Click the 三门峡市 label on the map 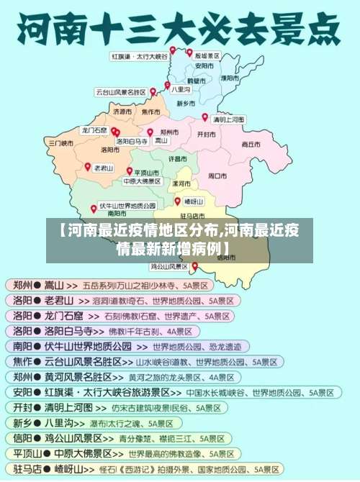pyautogui.click(x=61, y=143)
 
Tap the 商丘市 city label pyautogui.click(x=251, y=144)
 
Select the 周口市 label pyautogui.click(x=217, y=175)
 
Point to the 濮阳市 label pyautogui.click(x=231, y=77)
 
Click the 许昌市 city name pyautogui.click(x=178, y=158)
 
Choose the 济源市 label pyautogui.click(x=122, y=112)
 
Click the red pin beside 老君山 pyautogui.click(x=88, y=166)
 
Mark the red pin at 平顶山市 pyautogui.click(x=130, y=171)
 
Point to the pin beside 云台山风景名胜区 pyautogui.click(x=153, y=91)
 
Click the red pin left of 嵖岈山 pyautogui.click(x=177, y=201)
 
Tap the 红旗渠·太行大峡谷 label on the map pyautogui.click(x=139, y=55)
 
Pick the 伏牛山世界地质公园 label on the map pyautogui.click(x=127, y=205)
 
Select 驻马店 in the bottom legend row pyautogui.click(x=22, y=468)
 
